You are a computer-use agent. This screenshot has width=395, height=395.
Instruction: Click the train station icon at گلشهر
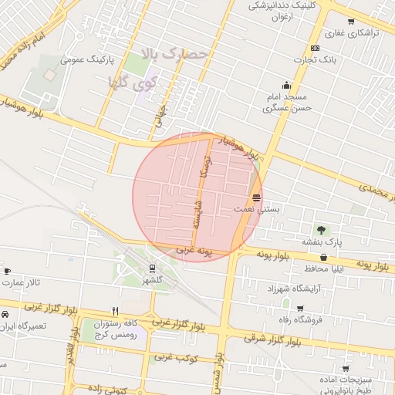pyautogui.click(x=153, y=268)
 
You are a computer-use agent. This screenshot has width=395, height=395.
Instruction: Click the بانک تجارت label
pyautogui.click(x=319, y=59)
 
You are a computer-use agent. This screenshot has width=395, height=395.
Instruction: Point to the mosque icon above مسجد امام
pyautogui.click(x=287, y=86)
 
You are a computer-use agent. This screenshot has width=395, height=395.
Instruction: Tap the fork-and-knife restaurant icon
pyautogui.click(x=115, y=312)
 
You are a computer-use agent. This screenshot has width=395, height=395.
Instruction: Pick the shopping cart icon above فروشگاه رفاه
pyautogui.click(x=300, y=308)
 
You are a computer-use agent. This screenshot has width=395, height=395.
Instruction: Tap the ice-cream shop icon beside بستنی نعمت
pyautogui.click(x=256, y=197)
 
